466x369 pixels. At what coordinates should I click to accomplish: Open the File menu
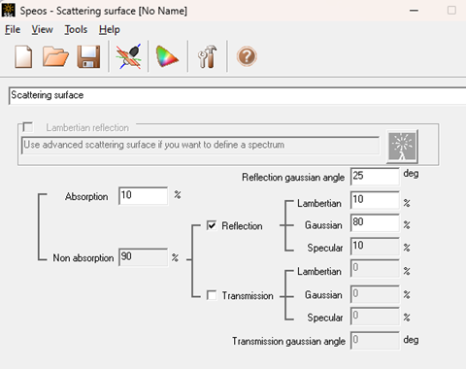[13, 30]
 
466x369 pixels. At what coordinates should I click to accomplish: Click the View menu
[42, 30]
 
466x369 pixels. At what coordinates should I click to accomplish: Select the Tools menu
[76, 30]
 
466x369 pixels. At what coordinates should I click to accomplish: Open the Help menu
[110, 30]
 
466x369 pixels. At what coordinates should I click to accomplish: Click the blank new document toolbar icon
[23, 56]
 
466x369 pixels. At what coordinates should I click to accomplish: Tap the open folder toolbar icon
[55, 56]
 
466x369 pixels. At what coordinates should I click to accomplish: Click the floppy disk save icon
[88, 56]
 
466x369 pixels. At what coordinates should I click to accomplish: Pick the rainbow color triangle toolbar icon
[166, 56]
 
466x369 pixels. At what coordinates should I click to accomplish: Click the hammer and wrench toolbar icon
[207, 56]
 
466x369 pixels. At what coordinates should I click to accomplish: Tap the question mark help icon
[247, 56]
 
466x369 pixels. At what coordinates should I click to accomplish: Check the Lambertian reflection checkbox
[28, 127]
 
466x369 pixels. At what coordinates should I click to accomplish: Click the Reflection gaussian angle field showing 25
[375, 177]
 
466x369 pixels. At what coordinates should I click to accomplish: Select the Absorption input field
[143, 195]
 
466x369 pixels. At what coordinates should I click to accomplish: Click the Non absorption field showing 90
[143, 257]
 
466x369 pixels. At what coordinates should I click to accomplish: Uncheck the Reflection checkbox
[212, 225]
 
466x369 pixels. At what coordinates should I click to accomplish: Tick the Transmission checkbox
[212, 295]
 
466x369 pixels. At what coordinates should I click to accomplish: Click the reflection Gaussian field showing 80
[375, 222]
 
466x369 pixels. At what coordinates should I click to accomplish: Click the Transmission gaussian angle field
[375, 340]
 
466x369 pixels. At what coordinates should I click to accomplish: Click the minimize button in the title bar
[414, 11]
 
